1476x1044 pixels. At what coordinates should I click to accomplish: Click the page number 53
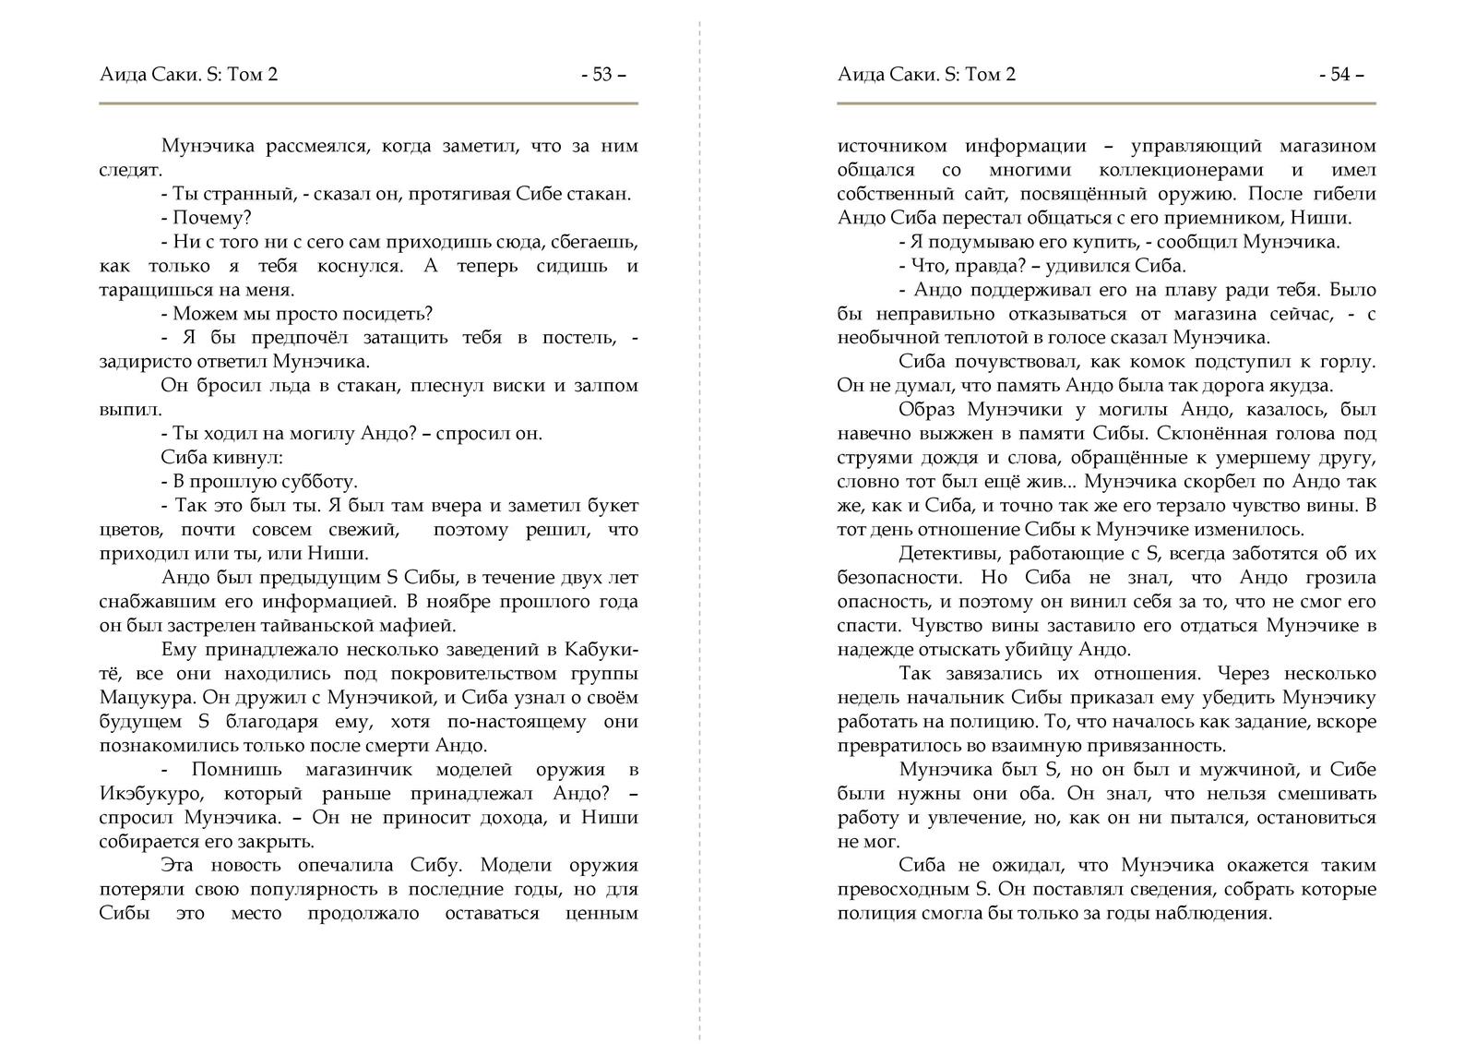tap(602, 75)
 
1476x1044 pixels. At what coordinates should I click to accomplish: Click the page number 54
tap(1340, 75)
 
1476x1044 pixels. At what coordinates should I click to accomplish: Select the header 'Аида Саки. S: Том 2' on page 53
tap(188, 75)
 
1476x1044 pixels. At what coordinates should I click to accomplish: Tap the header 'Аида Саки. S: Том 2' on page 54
tap(926, 75)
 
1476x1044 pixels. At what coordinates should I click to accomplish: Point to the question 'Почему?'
tap(212, 218)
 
